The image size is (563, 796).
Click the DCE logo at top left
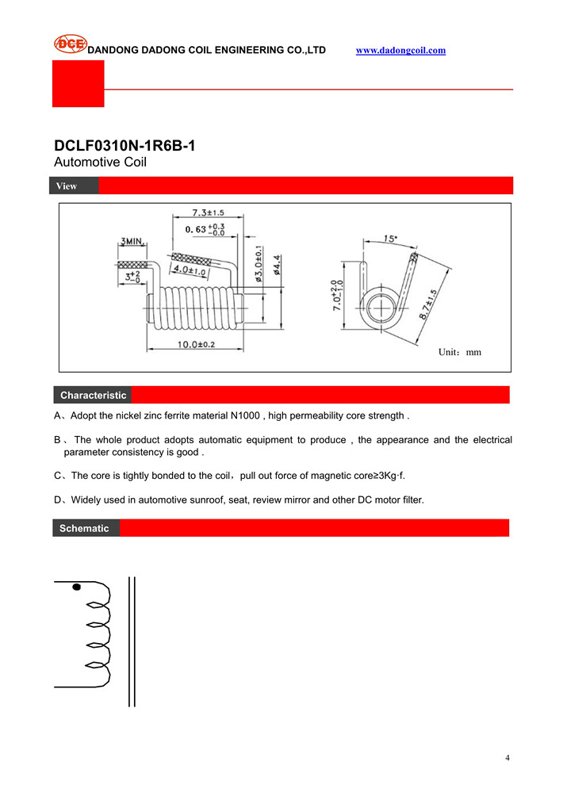[x=70, y=44]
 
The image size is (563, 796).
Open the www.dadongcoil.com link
[x=400, y=50]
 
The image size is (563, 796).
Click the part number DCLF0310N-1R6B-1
[x=124, y=147]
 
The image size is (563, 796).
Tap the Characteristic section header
[x=93, y=395]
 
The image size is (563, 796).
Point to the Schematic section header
[x=85, y=528]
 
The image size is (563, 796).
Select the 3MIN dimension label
[x=132, y=241]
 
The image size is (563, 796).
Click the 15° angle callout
[x=391, y=238]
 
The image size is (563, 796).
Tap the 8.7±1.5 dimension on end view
[x=428, y=304]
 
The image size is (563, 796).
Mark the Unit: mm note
[x=460, y=351]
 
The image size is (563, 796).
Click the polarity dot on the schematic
[x=76, y=587]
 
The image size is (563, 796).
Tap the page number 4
[x=507, y=758]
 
